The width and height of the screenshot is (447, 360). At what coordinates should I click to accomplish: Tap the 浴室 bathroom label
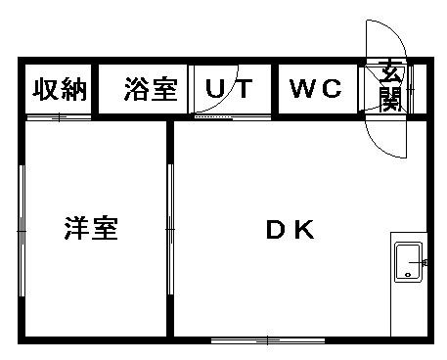tap(151, 89)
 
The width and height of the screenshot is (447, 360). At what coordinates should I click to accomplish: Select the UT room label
tap(229, 89)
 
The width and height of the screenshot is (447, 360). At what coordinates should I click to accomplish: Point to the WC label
tap(316, 89)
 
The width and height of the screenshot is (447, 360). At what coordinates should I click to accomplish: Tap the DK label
tap(290, 231)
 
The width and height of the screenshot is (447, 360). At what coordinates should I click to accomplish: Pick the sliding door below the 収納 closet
tap(59, 117)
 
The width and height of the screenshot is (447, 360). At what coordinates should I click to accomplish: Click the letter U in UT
tap(214, 89)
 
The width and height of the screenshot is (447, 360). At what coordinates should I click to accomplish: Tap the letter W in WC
tap(302, 89)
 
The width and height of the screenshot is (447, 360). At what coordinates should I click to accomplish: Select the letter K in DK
tap(303, 231)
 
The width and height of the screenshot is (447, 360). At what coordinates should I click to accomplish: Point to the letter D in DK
tap(276, 231)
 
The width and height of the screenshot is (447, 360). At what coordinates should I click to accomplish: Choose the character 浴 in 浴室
tap(137, 89)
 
